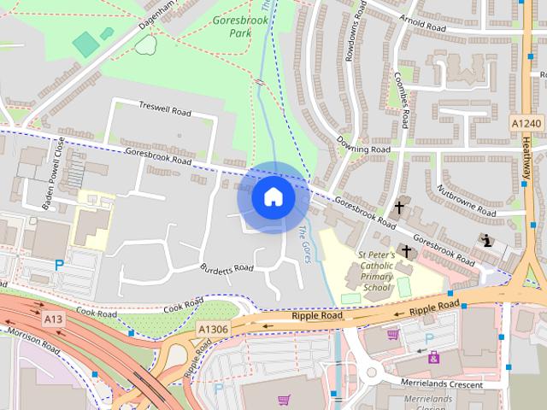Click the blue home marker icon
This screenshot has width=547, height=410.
(273, 197)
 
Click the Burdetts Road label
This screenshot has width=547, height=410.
(226, 267)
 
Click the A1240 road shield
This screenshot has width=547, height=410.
(526, 125)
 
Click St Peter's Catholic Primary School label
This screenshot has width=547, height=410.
(375, 271)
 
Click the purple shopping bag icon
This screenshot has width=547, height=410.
(434, 357)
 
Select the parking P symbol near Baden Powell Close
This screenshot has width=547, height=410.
(59, 265)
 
